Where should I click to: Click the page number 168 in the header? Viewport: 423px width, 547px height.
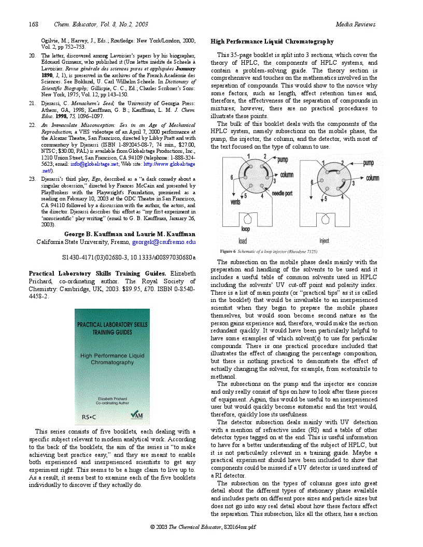[x=34, y=24]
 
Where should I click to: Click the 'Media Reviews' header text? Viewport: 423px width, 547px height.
[x=355, y=24]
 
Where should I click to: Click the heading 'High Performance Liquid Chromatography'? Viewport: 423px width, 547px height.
[x=272, y=41]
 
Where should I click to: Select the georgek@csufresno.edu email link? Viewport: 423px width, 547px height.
[x=164, y=242]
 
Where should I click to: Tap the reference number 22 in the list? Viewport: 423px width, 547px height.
[x=32, y=125]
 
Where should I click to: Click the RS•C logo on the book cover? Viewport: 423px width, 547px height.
[x=89, y=416]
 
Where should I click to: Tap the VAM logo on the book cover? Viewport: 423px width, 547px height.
[x=136, y=414]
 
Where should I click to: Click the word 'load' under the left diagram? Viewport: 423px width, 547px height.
[x=243, y=241]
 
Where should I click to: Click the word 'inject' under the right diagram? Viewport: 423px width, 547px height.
[x=324, y=241]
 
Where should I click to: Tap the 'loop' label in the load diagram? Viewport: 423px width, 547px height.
[x=245, y=228]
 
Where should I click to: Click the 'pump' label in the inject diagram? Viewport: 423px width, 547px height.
[x=368, y=163]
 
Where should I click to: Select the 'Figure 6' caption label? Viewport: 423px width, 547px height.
[x=228, y=251]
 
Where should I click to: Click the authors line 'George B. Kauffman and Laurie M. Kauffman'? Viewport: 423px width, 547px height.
[x=130, y=234]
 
